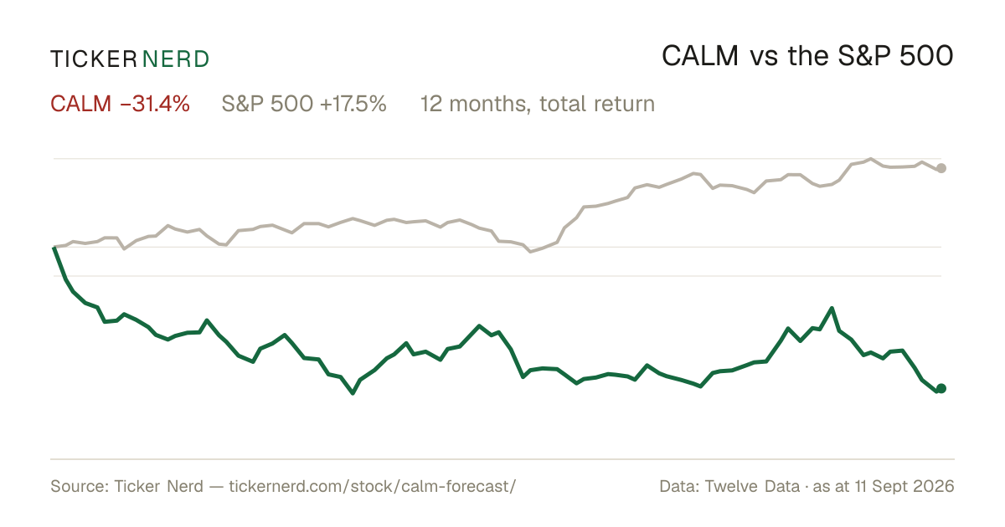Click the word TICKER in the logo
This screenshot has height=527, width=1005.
pyautogui.click(x=94, y=59)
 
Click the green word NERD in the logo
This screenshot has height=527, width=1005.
pyautogui.click(x=176, y=59)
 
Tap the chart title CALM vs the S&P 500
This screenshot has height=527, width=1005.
pyautogui.click(x=807, y=56)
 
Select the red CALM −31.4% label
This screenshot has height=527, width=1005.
pyautogui.click(x=120, y=104)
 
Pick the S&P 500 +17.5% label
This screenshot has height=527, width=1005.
pyautogui.click(x=304, y=104)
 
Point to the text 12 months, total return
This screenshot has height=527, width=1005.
pyautogui.click(x=537, y=104)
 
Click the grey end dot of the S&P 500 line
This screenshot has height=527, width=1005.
pyautogui.click(x=941, y=168)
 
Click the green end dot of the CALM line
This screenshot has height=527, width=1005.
pyautogui.click(x=941, y=388)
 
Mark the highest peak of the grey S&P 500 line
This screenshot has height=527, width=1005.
pyautogui.click(x=871, y=159)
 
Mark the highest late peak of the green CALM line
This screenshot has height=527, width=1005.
pyautogui.click(x=832, y=309)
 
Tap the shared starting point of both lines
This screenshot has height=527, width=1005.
pyautogui.click(x=54, y=247)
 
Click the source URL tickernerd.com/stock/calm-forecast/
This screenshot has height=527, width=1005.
pyautogui.click(x=373, y=486)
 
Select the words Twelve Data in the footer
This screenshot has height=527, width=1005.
pyautogui.click(x=752, y=486)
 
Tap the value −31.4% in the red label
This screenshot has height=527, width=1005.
pyautogui.click(x=155, y=104)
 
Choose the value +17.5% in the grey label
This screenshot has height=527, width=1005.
pyautogui.click(x=353, y=104)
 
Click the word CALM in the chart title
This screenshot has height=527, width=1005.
pyautogui.click(x=700, y=56)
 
